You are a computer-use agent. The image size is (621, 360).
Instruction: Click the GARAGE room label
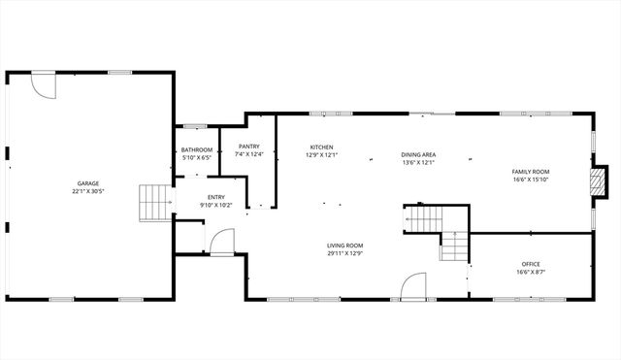point(88,183)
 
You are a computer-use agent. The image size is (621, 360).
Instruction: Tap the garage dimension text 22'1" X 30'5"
point(88,191)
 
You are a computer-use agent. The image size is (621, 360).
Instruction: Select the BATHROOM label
point(197,149)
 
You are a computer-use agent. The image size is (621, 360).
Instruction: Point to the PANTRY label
point(248,147)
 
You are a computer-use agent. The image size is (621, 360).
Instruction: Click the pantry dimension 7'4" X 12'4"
point(248,154)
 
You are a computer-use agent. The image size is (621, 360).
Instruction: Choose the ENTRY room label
point(215,197)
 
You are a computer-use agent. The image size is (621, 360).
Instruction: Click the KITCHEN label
point(321,147)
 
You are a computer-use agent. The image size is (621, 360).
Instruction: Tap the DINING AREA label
point(418,154)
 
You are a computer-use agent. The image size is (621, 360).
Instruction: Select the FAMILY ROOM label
point(531,172)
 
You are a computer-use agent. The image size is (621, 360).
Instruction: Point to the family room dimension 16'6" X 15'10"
point(531,180)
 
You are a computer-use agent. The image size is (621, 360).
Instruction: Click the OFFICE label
point(531,264)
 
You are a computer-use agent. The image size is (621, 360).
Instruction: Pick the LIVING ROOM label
point(344,245)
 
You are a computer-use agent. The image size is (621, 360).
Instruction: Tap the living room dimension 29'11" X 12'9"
point(344,253)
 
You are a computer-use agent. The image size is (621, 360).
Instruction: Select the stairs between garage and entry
point(155,203)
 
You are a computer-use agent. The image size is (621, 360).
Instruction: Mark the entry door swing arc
point(222,241)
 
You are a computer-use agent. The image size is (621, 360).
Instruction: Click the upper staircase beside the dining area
point(424,219)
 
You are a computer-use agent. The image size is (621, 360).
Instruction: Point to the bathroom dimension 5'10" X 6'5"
point(197,157)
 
